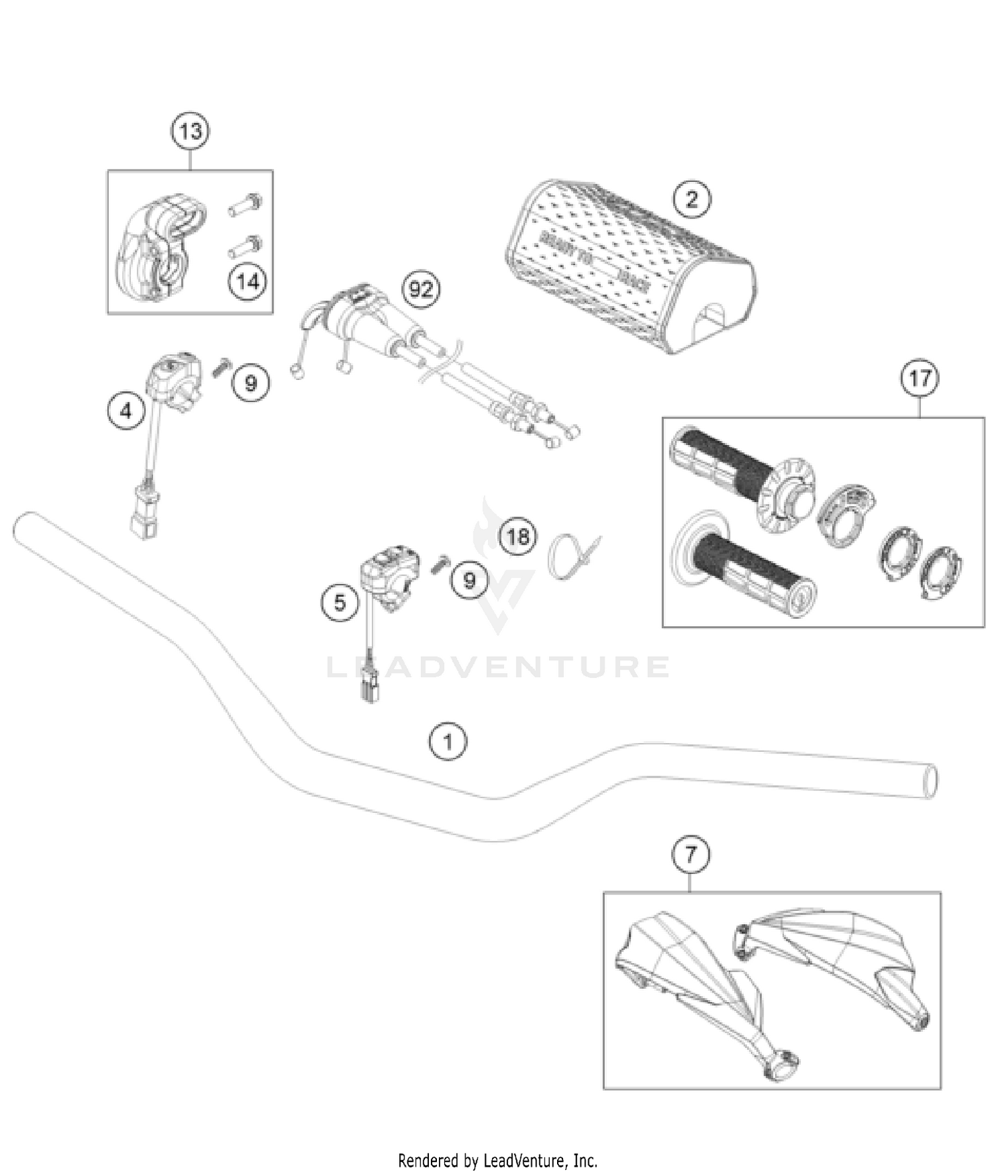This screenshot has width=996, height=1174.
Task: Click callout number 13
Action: tap(191, 131)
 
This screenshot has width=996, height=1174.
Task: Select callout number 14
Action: tap(248, 282)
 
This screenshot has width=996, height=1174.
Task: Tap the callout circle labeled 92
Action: tap(421, 289)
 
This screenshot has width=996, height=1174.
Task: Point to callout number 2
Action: tap(692, 199)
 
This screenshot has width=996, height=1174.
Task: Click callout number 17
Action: tap(920, 378)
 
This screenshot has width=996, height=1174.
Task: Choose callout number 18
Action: tap(518, 535)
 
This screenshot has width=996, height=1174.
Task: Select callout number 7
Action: tap(691, 854)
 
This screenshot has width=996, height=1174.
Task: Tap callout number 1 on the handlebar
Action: tap(448, 741)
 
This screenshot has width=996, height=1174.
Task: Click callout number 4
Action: tap(126, 411)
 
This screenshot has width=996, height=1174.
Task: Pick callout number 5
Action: tap(340, 602)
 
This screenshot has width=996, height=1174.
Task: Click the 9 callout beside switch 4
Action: tap(251, 382)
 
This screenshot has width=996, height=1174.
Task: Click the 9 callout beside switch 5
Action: tap(469, 580)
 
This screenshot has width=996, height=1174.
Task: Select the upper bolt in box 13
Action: tap(246, 204)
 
